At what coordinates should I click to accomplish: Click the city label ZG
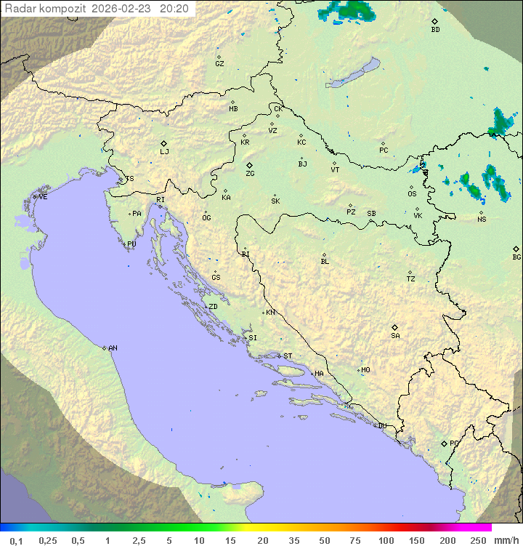point(250,174)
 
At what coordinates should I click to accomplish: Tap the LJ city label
point(164,152)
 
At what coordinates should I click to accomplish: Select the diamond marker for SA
point(395,327)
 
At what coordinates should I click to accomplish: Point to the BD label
point(435,30)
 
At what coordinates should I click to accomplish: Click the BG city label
point(516,257)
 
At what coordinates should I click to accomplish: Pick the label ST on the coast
point(288,356)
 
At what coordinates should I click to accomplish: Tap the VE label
point(43,197)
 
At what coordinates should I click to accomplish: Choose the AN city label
point(113,348)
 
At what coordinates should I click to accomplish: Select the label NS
point(482,220)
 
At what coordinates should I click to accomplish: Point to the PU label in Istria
point(131,244)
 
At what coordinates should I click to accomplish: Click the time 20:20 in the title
point(174,9)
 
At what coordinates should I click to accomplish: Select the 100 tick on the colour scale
point(386,540)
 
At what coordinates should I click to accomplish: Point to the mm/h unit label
point(503,540)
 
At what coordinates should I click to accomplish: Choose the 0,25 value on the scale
point(48,540)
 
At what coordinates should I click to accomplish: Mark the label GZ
point(219,64)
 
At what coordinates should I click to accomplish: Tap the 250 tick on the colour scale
point(478,540)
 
